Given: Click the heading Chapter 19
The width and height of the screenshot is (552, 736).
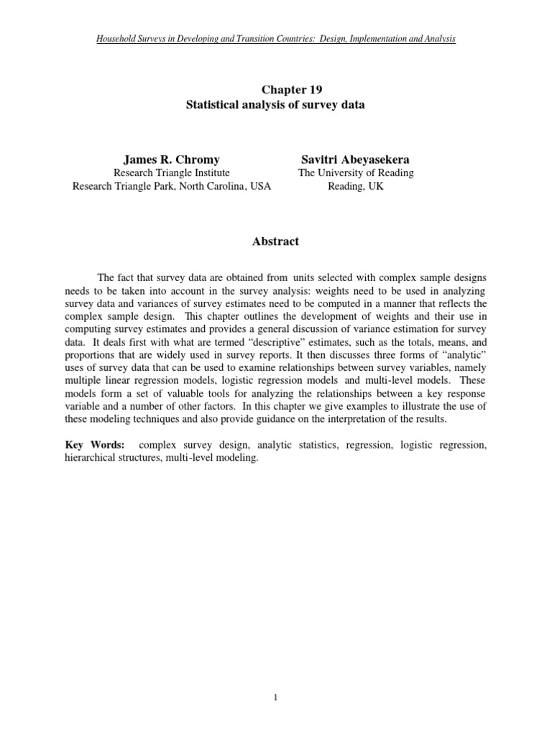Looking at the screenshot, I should (x=275, y=90).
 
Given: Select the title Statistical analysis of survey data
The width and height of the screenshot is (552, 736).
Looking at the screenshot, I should (x=275, y=105).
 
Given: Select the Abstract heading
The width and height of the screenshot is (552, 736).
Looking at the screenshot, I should (x=275, y=241).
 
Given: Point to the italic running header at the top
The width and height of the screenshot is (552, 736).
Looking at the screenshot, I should (x=275, y=38).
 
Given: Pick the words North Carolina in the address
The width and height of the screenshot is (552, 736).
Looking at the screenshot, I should (x=216, y=186).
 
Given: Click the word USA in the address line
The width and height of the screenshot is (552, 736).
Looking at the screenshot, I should (x=261, y=186).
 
